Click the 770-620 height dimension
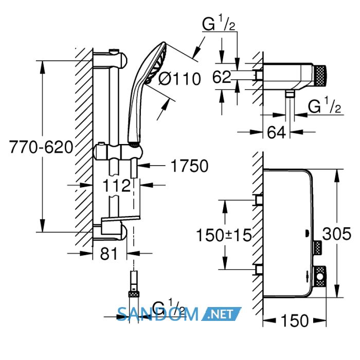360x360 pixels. (41, 147)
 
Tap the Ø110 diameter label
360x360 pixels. (179, 79)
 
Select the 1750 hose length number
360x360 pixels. (189, 166)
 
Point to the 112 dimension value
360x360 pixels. (116, 186)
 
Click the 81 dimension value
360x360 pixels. (109, 254)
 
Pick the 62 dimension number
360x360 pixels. (222, 77)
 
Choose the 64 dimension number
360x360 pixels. (277, 132)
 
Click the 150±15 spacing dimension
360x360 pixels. (224, 235)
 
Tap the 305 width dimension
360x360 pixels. (336, 233)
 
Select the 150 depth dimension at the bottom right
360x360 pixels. (295, 320)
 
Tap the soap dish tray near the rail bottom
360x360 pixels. (120, 220)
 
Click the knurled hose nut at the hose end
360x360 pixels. (134, 294)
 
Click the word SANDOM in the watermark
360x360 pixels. (158, 314)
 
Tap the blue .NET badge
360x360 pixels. (221, 314)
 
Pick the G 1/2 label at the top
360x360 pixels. (219, 23)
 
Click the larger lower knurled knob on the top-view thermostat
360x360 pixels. (319, 276)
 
